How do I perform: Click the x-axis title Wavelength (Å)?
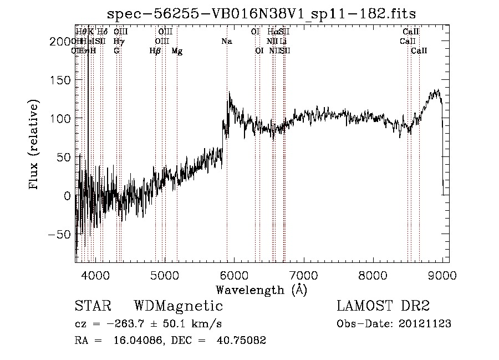pyautogui.click(x=262, y=289)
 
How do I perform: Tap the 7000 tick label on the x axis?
pyautogui.click(x=303, y=274)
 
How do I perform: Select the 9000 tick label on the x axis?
pyautogui.click(x=442, y=274)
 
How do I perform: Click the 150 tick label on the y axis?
pyautogui.click(x=59, y=80)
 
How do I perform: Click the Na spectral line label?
pyautogui.click(x=226, y=42)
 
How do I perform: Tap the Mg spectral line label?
pyautogui.click(x=177, y=51)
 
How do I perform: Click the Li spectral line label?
pyautogui.click(x=283, y=42)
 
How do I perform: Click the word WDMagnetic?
pyautogui.click(x=179, y=306)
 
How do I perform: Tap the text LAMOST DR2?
pyautogui.click(x=383, y=306)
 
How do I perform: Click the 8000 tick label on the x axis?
pyautogui.click(x=373, y=274)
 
